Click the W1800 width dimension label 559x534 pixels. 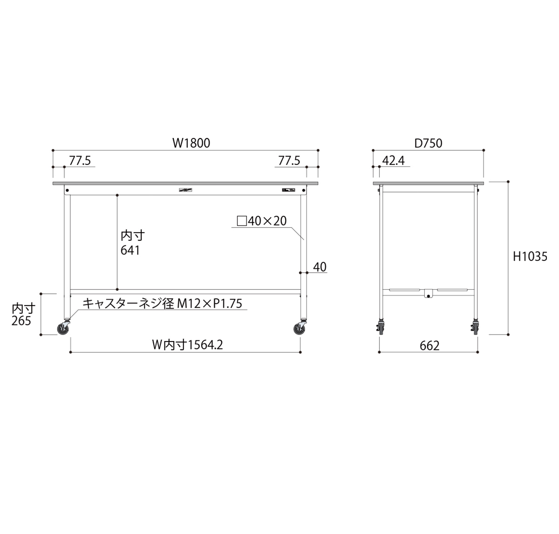coord(191,143)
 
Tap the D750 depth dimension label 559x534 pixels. coord(428,143)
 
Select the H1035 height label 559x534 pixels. coord(530,256)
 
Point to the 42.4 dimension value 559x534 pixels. coord(393,161)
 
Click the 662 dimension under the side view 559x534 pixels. coord(429,346)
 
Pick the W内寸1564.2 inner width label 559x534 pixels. coord(187,345)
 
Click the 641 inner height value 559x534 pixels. coord(130,250)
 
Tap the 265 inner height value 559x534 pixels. coord(21,321)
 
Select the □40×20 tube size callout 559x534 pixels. coord(262,221)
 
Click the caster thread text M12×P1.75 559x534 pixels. coord(210,303)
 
